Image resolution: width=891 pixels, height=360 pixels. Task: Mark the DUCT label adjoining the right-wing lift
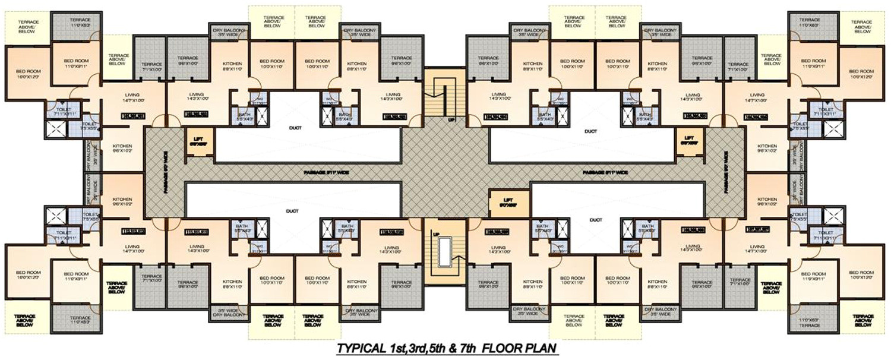[x=590, y=131]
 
